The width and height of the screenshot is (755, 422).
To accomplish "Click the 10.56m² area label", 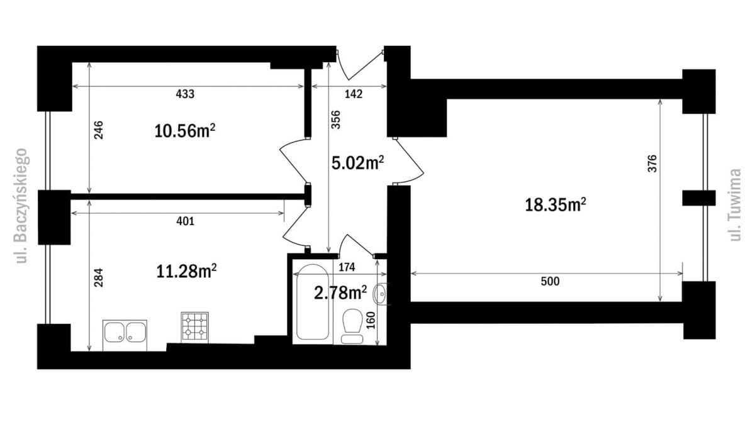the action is click(185, 131).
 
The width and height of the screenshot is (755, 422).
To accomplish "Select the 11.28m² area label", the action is click(186, 272).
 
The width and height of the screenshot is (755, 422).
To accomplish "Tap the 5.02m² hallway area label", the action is click(357, 163).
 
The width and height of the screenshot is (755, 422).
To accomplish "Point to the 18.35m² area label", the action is click(556, 205).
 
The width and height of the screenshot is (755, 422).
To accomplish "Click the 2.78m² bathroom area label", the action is click(340, 292).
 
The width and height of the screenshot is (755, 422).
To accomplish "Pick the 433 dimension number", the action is click(185, 94).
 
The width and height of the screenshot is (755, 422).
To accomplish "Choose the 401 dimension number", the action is click(186, 221).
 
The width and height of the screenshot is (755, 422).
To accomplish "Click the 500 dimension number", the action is click(550, 281).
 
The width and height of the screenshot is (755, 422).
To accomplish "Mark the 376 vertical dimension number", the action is click(652, 164).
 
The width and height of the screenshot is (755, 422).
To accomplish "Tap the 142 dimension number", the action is click(353, 94).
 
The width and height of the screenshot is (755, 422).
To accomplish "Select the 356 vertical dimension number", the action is click(336, 119).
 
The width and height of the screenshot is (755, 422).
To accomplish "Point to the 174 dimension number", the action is click(347, 267).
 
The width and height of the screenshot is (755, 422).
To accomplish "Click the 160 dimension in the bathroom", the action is click(371, 321).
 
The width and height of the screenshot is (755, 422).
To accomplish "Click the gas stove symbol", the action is click(194, 328).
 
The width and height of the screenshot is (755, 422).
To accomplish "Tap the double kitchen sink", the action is click(125, 335).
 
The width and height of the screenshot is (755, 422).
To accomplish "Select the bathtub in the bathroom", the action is click(312, 302).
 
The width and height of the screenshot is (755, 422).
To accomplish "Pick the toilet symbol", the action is click(352, 326).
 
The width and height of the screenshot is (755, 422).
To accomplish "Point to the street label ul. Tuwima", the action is click(735, 205).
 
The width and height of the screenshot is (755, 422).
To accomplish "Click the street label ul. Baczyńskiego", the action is click(21, 206).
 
